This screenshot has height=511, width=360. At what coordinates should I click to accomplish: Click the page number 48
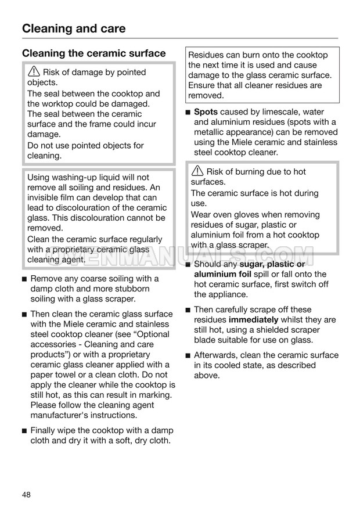pyautogui.click(x=26, y=494)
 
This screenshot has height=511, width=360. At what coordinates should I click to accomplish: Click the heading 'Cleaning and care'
pyautogui.click(x=74, y=28)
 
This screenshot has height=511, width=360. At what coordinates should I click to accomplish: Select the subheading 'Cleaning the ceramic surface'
pyautogui.click(x=94, y=53)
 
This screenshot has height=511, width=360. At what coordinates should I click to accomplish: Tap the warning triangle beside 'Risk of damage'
pyautogui.click(x=34, y=73)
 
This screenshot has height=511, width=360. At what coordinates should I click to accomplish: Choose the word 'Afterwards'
pyautogui.click(x=217, y=355)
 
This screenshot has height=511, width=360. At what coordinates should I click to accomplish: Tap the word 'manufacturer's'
pyautogui.click(x=62, y=415)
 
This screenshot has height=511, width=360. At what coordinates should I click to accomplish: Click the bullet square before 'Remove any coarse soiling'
pyautogui.click(x=24, y=279)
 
